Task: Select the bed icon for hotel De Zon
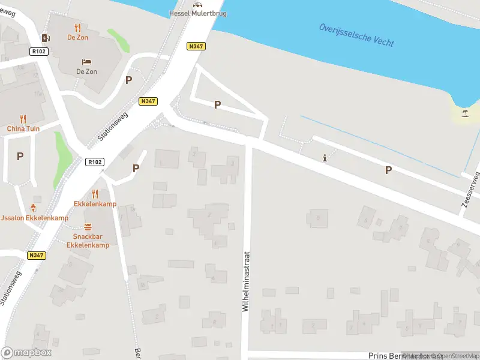[86, 62]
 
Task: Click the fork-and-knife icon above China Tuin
[23, 119]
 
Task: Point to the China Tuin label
[23, 129]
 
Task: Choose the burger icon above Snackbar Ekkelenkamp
[88, 227]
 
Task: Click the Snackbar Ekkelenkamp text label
[88, 241]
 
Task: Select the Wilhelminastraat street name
[245, 281]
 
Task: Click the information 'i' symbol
[325, 158]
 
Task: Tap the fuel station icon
[45, 38]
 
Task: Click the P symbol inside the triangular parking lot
[217, 104]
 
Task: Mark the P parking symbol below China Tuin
[20, 156]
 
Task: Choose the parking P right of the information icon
[388, 170]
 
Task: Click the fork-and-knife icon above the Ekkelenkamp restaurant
[95, 194]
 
